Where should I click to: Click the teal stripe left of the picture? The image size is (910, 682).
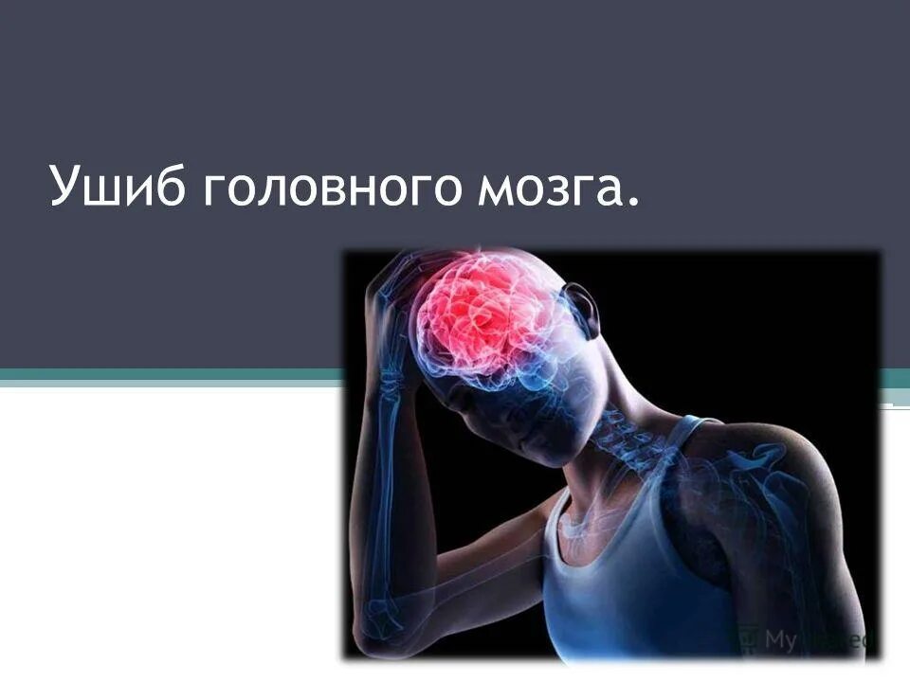tap(171, 378)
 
